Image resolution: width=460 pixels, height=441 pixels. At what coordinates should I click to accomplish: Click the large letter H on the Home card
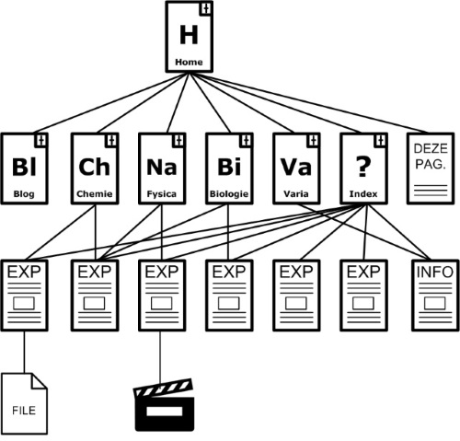(189, 35)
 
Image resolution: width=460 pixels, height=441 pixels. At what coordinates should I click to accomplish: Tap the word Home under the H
(189, 62)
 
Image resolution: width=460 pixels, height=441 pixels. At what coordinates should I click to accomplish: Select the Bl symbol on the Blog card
(24, 167)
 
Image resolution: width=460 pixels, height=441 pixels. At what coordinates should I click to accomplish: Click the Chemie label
(95, 194)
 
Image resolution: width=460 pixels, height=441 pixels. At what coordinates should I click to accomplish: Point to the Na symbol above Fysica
(162, 168)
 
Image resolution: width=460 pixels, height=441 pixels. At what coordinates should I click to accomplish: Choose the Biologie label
(229, 194)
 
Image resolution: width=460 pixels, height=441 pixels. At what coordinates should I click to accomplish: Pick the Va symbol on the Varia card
(296, 168)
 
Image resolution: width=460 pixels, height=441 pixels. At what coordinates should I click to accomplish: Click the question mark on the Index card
(363, 167)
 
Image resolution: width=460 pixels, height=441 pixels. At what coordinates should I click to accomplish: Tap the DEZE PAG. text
(431, 157)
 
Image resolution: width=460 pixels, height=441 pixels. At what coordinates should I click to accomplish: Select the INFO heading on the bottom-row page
(435, 272)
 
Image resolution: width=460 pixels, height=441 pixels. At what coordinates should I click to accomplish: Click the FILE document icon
(25, 403)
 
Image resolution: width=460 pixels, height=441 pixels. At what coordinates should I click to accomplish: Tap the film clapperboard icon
(165, 405)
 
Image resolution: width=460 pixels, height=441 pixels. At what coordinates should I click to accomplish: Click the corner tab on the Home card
(206, 8)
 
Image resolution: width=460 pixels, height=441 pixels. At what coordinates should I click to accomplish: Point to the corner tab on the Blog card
(41, 140)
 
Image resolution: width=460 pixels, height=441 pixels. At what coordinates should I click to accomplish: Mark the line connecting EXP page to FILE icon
(24, 353)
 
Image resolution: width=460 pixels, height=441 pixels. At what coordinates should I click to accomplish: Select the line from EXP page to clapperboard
(160, 357)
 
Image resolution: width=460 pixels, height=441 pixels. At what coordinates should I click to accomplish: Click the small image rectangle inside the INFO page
(435, 304)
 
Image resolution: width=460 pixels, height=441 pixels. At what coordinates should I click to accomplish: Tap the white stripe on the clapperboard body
(165, 412)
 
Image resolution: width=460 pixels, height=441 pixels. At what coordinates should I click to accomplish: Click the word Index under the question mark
(363, 194)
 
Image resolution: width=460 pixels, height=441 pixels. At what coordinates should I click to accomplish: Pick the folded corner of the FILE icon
(39, 381)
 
